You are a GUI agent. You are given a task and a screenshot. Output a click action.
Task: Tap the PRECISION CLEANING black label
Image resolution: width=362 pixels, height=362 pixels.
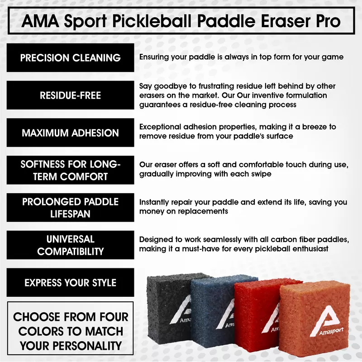point(71,58)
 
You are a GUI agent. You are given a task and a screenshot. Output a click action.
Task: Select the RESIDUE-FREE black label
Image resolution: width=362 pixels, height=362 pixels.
point(71,95)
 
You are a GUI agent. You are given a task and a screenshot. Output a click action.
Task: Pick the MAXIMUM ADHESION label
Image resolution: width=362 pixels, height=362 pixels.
point(71,133)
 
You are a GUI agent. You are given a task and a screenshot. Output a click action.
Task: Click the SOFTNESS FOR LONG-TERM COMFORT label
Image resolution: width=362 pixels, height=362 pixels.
point(71,170)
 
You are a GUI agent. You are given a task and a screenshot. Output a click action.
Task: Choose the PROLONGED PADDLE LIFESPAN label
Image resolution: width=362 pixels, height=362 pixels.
point(71,208)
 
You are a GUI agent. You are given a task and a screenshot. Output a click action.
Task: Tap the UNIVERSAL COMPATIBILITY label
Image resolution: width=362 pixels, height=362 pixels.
point(71,245)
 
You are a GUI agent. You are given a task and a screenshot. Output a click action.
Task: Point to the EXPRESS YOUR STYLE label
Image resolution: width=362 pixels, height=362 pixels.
point(71,283)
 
